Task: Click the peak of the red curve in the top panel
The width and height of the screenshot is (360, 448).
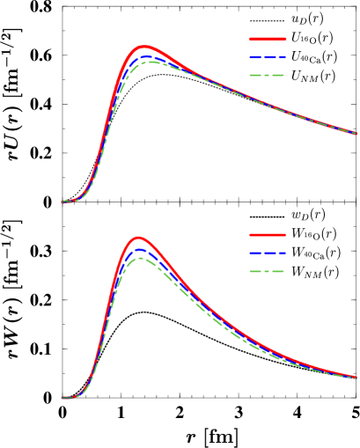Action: click(143, 48)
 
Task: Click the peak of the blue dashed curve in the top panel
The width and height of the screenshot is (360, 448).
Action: click(147, 56)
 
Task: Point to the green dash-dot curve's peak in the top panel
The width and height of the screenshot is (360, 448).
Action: click(150, 62)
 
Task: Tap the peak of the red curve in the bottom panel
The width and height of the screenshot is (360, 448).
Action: click(138, 238)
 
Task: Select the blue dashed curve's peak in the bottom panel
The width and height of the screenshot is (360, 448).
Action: click(139, 250)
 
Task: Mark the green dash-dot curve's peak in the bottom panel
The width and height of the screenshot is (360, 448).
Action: click(140, 258)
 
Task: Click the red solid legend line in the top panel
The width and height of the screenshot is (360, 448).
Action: click(268, 39)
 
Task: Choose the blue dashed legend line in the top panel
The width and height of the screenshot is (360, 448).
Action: click(268, 57)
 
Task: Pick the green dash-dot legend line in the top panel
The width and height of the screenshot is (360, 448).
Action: click(268, 76)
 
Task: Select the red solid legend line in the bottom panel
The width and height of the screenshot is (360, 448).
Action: click(268, 235)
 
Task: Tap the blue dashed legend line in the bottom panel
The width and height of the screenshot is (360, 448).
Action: click(268, 253)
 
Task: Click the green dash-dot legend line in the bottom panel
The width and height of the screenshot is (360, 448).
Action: click(268, 271)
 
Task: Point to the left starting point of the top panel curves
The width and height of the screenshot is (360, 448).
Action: click(62, 202)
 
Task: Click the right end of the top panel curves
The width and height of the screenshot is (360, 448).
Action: click(356, 134)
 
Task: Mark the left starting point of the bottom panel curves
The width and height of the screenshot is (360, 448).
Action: click(62, 398)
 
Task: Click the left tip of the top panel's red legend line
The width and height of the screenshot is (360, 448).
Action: click(250, 39)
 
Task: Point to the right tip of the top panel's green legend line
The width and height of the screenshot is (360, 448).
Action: click(285, 76)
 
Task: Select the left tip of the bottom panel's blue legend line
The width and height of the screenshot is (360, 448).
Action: click(250, 253)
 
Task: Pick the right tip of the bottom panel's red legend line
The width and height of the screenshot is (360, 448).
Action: click(285, 235)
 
